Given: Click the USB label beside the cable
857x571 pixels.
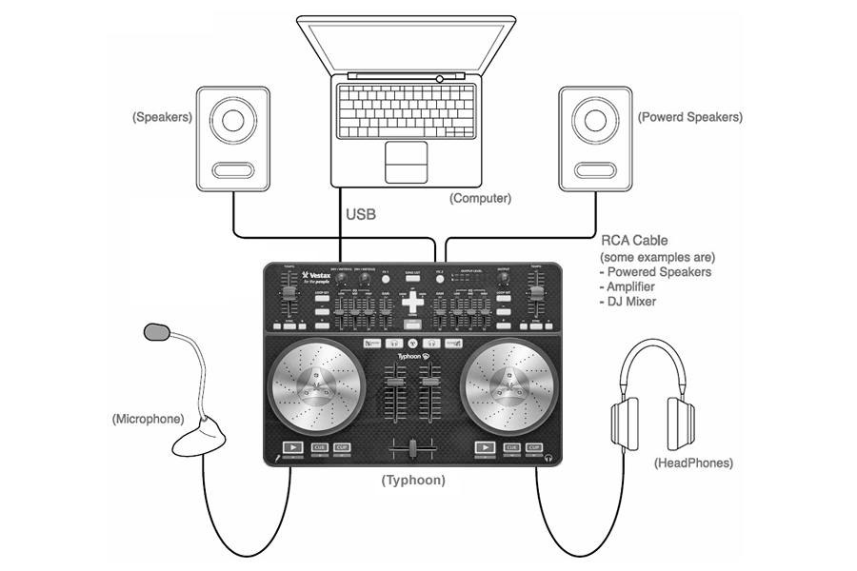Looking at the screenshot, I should (360, 215).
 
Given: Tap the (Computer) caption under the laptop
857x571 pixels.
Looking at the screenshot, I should (480, 199).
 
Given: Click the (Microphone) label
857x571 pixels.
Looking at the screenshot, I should (146, 419).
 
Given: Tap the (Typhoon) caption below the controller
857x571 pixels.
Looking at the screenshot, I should (413, 481).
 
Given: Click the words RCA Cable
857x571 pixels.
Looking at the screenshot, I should (633, 240).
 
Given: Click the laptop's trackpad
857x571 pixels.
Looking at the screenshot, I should (411, 162).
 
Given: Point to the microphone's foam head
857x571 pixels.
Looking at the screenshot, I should (157, 332).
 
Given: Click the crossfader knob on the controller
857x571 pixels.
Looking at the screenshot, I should (413, 448).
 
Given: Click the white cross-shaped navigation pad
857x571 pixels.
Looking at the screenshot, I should (413, 310).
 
